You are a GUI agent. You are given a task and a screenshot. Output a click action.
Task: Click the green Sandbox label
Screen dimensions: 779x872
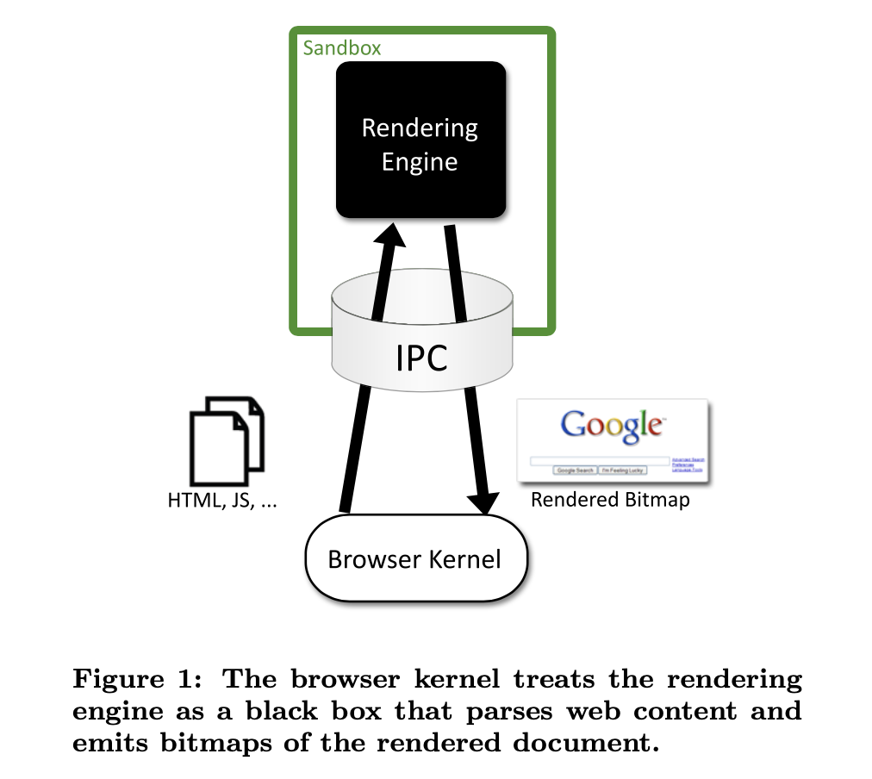[341, 47]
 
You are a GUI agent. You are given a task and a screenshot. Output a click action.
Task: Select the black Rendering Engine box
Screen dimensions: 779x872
[420, 140]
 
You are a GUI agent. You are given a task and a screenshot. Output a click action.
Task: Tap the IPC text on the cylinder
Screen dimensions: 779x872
[421, 358]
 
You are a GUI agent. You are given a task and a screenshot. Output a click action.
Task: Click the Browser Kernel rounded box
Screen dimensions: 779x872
[414, 559]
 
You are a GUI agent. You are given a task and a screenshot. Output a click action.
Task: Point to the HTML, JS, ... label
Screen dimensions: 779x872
[222, 501]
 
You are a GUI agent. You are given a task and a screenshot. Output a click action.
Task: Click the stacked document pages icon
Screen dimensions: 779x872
[227, 439]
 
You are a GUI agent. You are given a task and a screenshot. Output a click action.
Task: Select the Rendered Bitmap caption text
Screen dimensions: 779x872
[610, 500]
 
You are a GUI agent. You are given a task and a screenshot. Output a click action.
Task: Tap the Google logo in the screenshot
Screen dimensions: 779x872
[612, 425]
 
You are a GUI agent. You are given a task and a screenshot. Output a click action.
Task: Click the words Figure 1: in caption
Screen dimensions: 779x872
[139, 679]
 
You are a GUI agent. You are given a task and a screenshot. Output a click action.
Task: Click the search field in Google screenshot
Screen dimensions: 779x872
[601, 461]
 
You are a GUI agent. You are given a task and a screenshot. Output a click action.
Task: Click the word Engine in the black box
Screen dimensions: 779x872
[420, 162]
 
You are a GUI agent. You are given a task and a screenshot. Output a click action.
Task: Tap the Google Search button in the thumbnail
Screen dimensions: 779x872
[575, 471]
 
